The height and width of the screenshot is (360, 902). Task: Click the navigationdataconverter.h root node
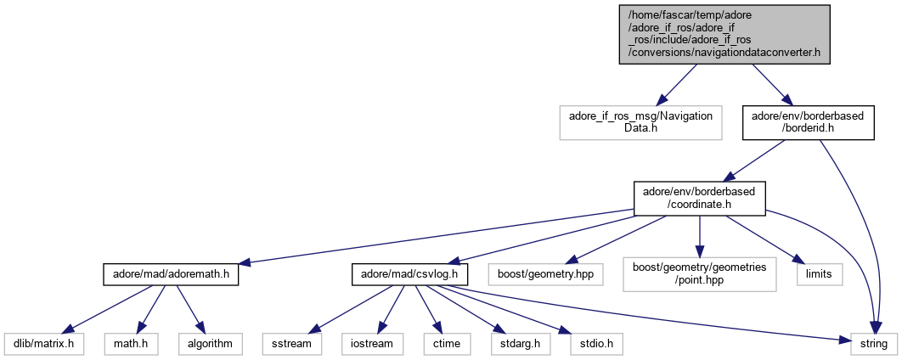(x=724, y=33)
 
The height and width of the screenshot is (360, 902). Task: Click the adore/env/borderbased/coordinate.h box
(x=699, y=197)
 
